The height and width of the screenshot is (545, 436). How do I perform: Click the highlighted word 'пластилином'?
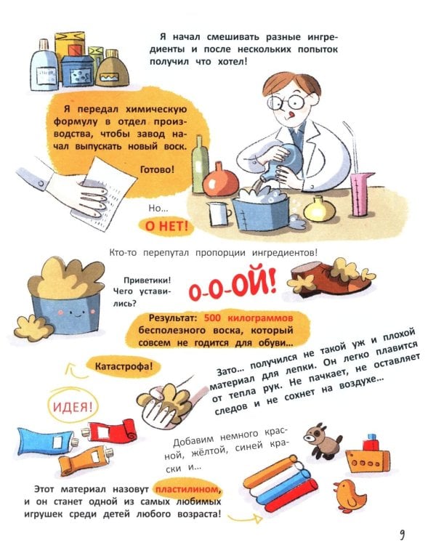coord(187,490)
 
